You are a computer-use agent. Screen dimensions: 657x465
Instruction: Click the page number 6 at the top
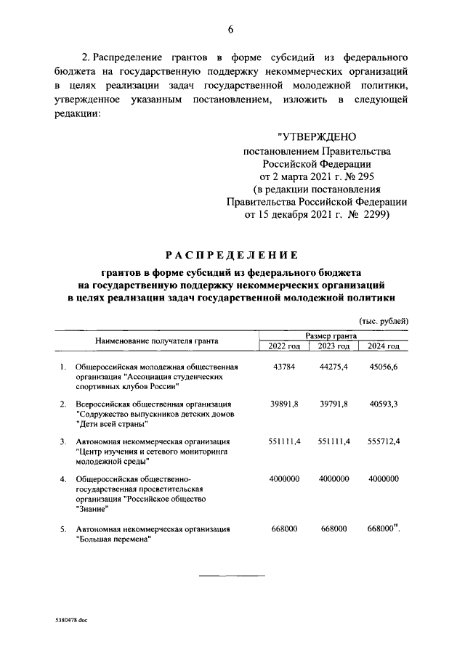coord(231,29)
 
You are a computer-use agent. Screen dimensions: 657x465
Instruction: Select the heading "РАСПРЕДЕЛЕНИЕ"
coord(231,255)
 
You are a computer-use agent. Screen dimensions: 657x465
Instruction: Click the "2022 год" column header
coord(284,346)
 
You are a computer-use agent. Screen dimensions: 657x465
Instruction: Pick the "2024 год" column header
coord(384,346)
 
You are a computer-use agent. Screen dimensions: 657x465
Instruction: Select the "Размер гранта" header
coord(331,335)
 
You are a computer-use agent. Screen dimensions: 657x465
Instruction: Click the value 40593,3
coord(384,404)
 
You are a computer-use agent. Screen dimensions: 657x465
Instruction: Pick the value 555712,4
coord(384,441)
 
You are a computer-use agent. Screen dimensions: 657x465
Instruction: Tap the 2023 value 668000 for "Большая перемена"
coord(334,529)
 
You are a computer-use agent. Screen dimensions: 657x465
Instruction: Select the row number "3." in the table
coord(63,441)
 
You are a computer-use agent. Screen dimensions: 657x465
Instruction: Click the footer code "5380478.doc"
coord(70,622)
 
